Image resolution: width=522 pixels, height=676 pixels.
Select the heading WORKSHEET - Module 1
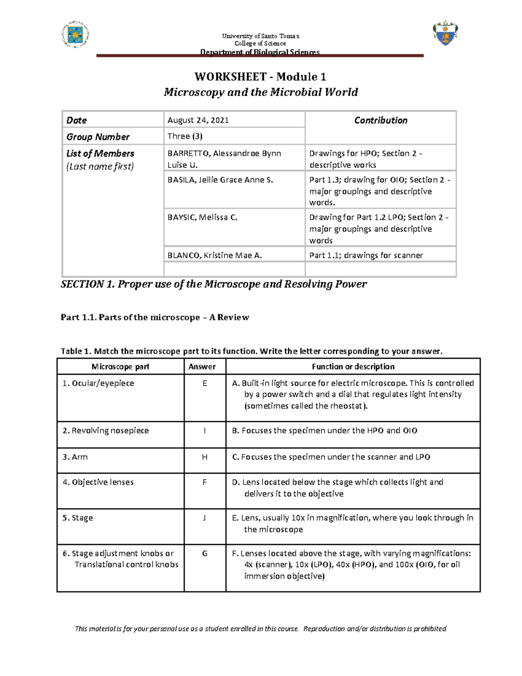[x=260, y=77]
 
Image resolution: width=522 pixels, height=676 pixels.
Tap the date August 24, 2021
[x=198, y=120]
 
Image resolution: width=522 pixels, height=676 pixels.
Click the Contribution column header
[x=381, y=120]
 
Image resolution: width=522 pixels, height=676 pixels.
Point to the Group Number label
[x=98, y=137]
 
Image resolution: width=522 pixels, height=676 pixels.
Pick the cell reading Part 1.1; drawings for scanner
[x=366, y=256]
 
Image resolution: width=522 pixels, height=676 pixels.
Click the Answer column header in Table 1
[x=202, y=367]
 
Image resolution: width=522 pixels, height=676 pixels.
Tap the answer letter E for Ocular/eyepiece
[x=205, y=383]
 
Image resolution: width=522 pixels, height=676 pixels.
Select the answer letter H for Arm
[x=205, y=457]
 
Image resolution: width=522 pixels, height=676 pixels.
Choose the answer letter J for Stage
[x=205, y=518]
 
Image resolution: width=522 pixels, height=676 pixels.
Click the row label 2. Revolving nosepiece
[x=106, y=430]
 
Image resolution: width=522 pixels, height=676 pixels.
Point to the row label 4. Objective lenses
[x=98, y=482]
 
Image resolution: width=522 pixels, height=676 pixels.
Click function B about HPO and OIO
[x=325, y=430]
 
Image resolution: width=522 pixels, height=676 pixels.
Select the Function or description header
[x=353, y=367]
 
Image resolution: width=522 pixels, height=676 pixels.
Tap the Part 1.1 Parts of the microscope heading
[x=155, y=317]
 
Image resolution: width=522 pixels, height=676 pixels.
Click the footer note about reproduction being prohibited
[x=261, y=629]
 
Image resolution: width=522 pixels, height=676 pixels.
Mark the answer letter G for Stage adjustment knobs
[x=205, y=554]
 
